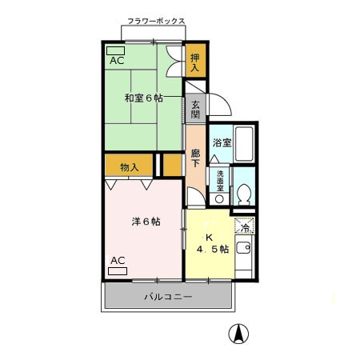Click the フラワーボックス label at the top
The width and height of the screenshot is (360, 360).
click(x=156, y=21)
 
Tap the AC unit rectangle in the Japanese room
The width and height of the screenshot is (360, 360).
click(x=115, y=50)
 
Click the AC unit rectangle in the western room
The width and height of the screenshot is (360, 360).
click(x=118, y=271)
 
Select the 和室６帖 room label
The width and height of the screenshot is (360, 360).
click(x=144, y=98)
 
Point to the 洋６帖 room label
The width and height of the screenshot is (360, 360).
click(x=146, y=222)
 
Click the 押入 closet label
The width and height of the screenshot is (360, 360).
click(x=195, y=62)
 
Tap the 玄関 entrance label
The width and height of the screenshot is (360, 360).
click(x=195, y=110)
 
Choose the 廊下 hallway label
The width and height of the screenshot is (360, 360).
click(x=195, y=158)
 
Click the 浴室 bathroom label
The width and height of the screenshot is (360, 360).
click(x=222, y=142)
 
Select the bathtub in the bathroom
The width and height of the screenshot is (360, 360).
click(x=244, y=144)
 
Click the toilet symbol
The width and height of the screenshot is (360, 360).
click(x=244, y=194)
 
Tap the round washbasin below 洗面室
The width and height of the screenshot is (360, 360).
click(x=219, y=199)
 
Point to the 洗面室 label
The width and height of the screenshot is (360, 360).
click(x=220, y=181)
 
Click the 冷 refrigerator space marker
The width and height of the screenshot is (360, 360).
click(x=245, y=226)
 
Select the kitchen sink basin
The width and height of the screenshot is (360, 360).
click(x=243, y=247)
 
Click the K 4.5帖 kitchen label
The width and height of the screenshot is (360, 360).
click(x=213, y=243)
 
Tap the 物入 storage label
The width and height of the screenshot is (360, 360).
click(x=130, y=167)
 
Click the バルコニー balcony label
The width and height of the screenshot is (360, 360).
click(x=168, y=297)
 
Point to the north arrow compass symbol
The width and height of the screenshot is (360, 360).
click(x=238, y=334)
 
